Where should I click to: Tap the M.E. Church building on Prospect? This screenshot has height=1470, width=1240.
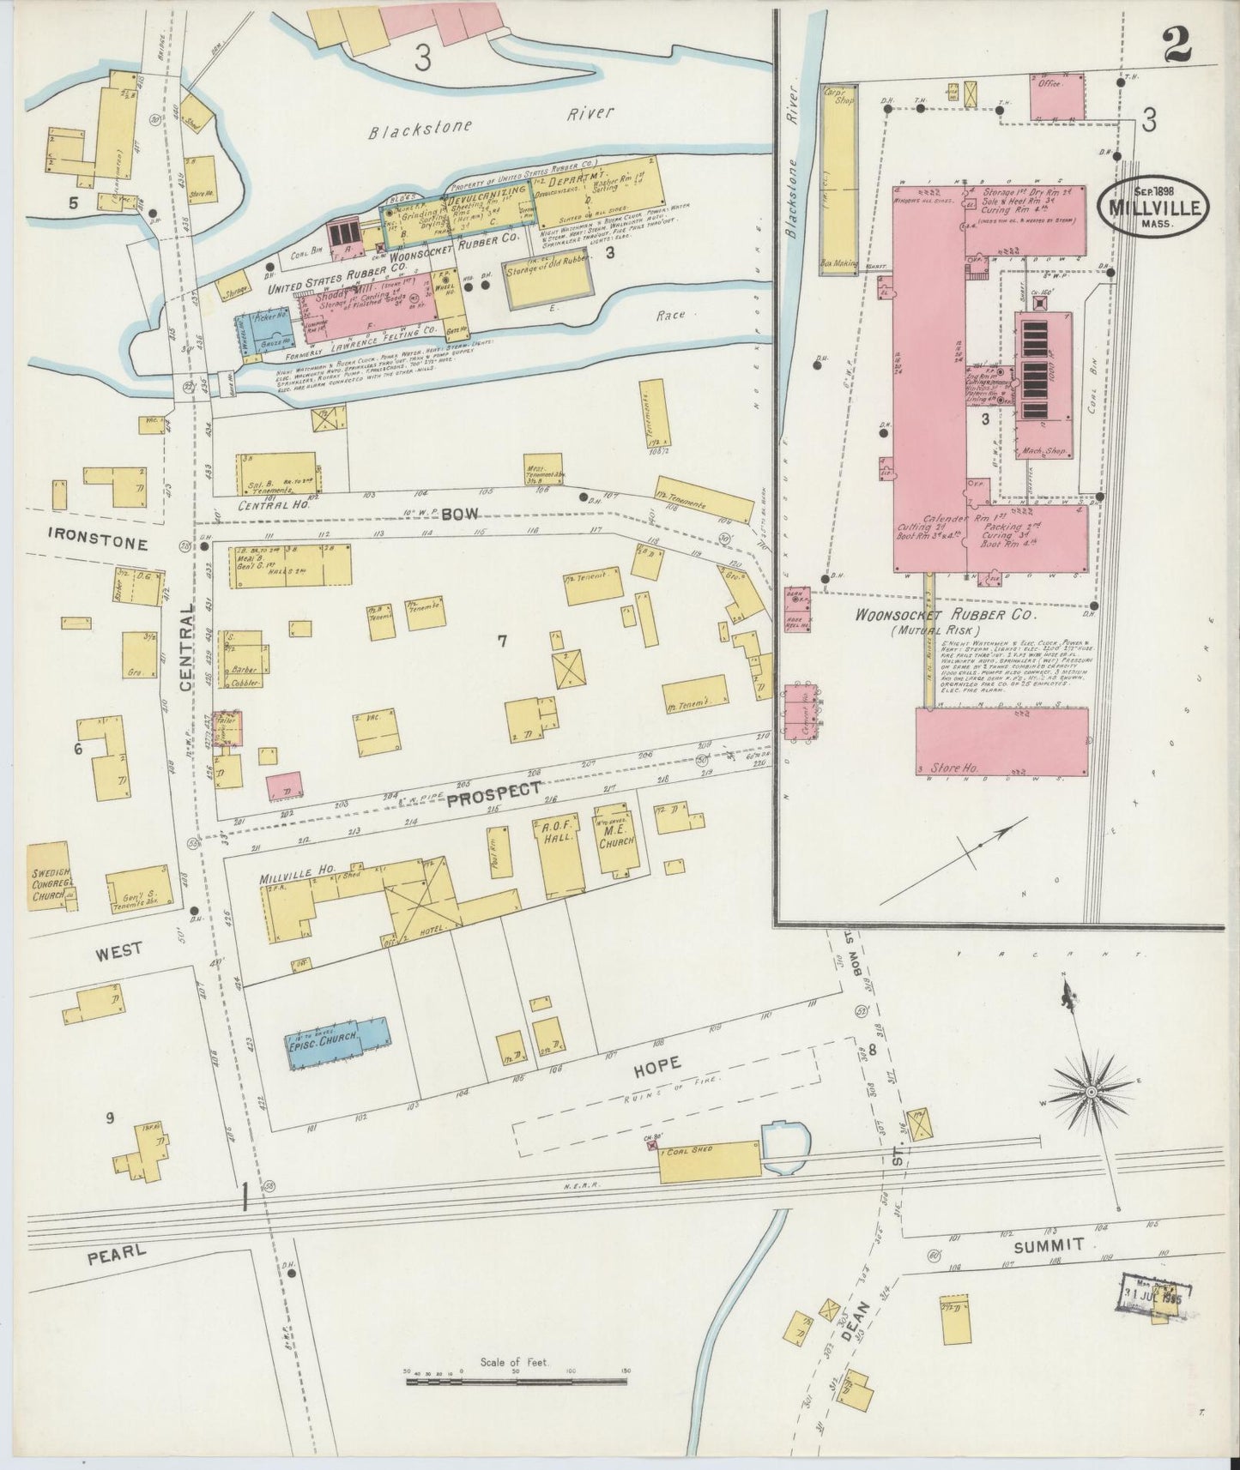pos(616,840)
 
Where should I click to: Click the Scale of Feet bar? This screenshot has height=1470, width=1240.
pos(516,1381)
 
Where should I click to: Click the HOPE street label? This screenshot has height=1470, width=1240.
pos(656,1063)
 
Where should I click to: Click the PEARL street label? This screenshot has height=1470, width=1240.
pos(117,1254)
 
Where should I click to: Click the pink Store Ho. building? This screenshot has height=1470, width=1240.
pos(1001,741)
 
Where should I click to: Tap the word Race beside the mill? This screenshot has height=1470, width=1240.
pos(670,316)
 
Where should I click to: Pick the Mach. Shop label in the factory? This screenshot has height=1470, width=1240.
pos(1041,450)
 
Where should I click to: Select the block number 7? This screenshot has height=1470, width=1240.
pos(503,640)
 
